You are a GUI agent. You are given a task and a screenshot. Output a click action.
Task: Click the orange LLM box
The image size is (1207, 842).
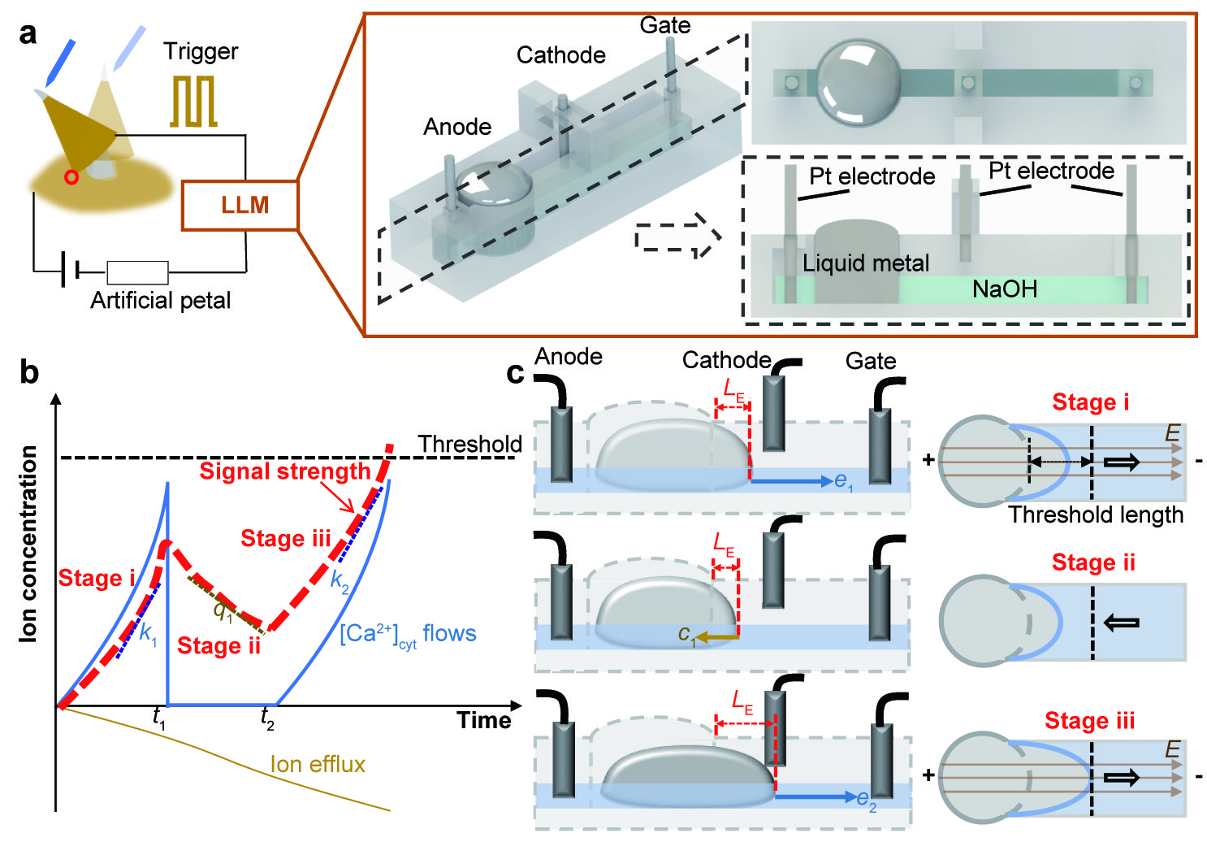(x=240, y=205)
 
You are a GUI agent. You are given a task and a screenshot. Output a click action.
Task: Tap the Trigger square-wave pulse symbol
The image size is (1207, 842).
(x=193, y=102)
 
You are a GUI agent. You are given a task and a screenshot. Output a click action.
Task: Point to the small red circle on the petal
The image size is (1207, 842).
(x=72, y=176)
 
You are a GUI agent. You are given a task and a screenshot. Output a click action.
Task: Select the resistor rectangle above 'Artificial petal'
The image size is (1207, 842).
(x=137, y=272)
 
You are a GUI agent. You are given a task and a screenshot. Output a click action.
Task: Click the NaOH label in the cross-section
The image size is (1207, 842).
(x=1005, y=289)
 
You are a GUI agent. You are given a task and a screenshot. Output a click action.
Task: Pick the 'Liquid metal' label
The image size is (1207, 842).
(x=866, y=263)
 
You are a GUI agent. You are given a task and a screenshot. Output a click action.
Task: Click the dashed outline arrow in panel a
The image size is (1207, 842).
(x=677, y=237)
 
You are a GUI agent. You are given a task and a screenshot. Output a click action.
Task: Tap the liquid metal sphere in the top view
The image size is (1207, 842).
(x=859, y=81)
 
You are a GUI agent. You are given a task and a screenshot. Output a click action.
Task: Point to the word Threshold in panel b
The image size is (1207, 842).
(x=469, y=444)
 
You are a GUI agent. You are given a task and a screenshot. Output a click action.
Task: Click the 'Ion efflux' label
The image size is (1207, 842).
(x=318, y=764)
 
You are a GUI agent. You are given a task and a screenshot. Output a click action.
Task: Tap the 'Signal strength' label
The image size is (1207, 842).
(x=285, y=471)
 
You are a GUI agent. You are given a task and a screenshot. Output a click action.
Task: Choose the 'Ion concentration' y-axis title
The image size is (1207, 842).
(x=28, y=544)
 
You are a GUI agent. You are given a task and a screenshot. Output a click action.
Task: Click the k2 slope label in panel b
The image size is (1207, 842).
(x=340, y=582)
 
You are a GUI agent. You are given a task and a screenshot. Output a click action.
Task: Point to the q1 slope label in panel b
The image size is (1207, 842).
(x=222, y=610)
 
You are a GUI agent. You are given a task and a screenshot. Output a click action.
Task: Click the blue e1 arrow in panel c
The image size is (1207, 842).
(x=792, y=481)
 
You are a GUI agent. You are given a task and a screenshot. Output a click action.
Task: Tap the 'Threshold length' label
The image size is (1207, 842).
(x=1096, y=514)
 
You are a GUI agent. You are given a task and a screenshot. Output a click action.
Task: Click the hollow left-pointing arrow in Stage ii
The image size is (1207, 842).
(x=1122, y=623)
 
